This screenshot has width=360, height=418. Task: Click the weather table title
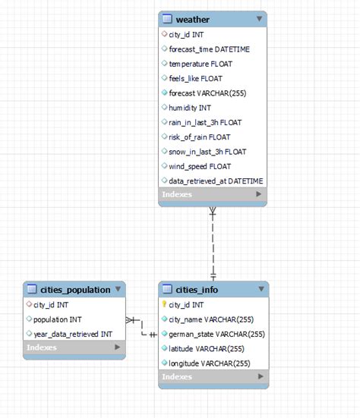click(192, 19)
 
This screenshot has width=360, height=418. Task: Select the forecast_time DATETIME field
click(208, 49)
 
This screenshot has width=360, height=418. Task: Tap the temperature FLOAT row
click(201, 64)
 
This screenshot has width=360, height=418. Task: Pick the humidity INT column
click(190, 108)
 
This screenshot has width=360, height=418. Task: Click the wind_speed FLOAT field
click(200, 166)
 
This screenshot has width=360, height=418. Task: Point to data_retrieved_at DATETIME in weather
click(216, 181)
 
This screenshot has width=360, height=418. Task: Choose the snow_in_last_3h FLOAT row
click(207, 152)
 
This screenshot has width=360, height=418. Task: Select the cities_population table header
click(68, 289)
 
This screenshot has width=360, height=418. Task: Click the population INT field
click(58, 319)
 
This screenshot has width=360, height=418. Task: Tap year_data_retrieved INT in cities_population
click(72, 334)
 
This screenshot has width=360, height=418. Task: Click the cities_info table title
click(197, 289)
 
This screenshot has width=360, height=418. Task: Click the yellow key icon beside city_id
click(164, 304)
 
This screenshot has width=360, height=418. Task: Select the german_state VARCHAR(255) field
click(216, 334)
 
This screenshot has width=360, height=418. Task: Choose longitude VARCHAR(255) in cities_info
click(210, 363)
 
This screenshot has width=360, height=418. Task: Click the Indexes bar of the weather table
click(213, 195)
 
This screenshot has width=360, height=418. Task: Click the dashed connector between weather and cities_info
click(213, 243)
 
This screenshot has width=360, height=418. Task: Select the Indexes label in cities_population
click(41, 347)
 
